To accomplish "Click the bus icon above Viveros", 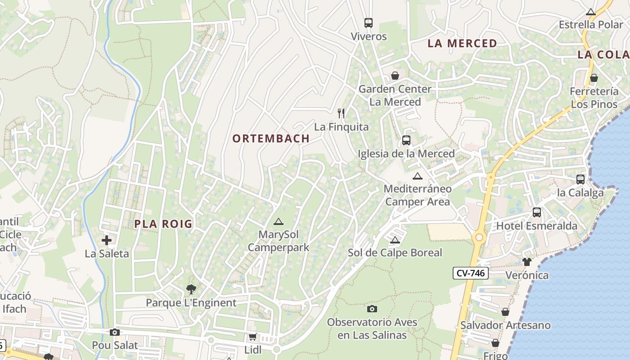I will click(369, 22).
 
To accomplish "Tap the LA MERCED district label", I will click(462, 44).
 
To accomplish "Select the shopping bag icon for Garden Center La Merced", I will click(395, 75).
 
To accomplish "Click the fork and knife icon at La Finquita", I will click(342, 113).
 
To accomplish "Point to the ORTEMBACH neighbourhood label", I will click(271, 139).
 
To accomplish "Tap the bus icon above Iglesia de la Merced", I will click(406, 140).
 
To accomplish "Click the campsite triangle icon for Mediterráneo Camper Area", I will click(418, 176).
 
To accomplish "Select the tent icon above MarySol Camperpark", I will click(279, 221).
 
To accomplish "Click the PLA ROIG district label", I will click(163, 224).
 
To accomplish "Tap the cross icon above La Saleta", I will click(107, 240).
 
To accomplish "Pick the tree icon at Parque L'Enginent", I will click(191, 289).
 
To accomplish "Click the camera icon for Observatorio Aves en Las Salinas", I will click(372, 309).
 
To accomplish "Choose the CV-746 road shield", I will click(470, 273).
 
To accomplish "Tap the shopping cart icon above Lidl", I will click(252, 337).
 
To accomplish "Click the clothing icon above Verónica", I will click(527, 261).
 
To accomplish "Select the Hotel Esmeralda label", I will click(536, 226).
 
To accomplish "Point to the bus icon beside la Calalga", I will click(580, 179).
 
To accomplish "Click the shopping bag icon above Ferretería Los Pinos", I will click(594, 78).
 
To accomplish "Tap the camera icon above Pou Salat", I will click(115, 332).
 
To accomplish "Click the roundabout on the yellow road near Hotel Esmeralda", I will click(479, 237).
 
